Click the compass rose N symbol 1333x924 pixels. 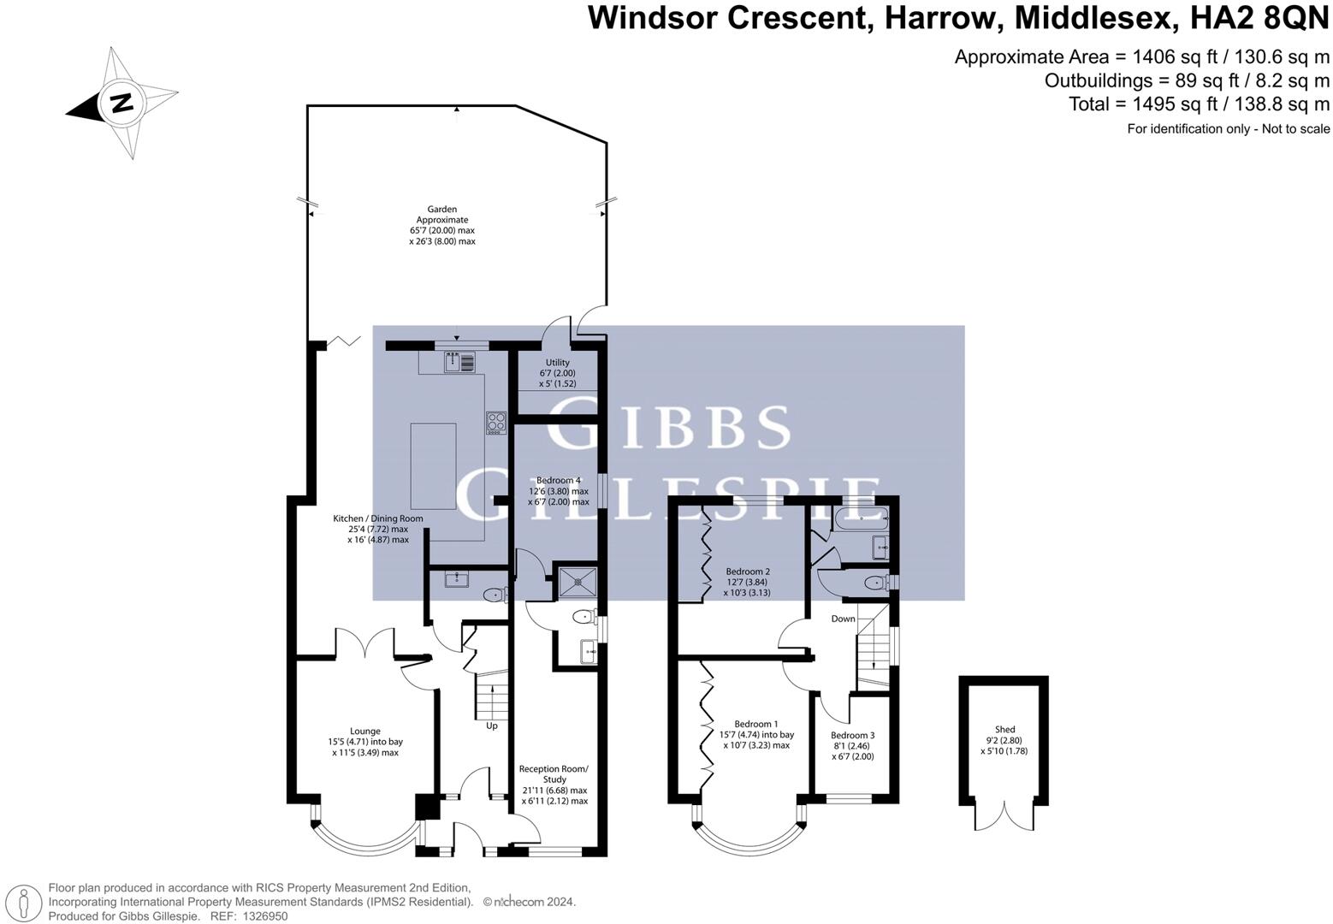coord(121,103)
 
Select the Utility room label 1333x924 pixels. coord(557,373)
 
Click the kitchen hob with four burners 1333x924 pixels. coord(496,422)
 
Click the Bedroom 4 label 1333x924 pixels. coord(558,491)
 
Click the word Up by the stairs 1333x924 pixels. coord(492,726)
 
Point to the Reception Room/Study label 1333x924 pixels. coord(554,785)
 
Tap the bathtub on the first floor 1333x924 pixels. coord(860,516)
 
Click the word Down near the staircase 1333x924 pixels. coord(843,619)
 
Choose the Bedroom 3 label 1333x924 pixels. coord(852,745)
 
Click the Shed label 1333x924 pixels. coord(1004,741)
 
